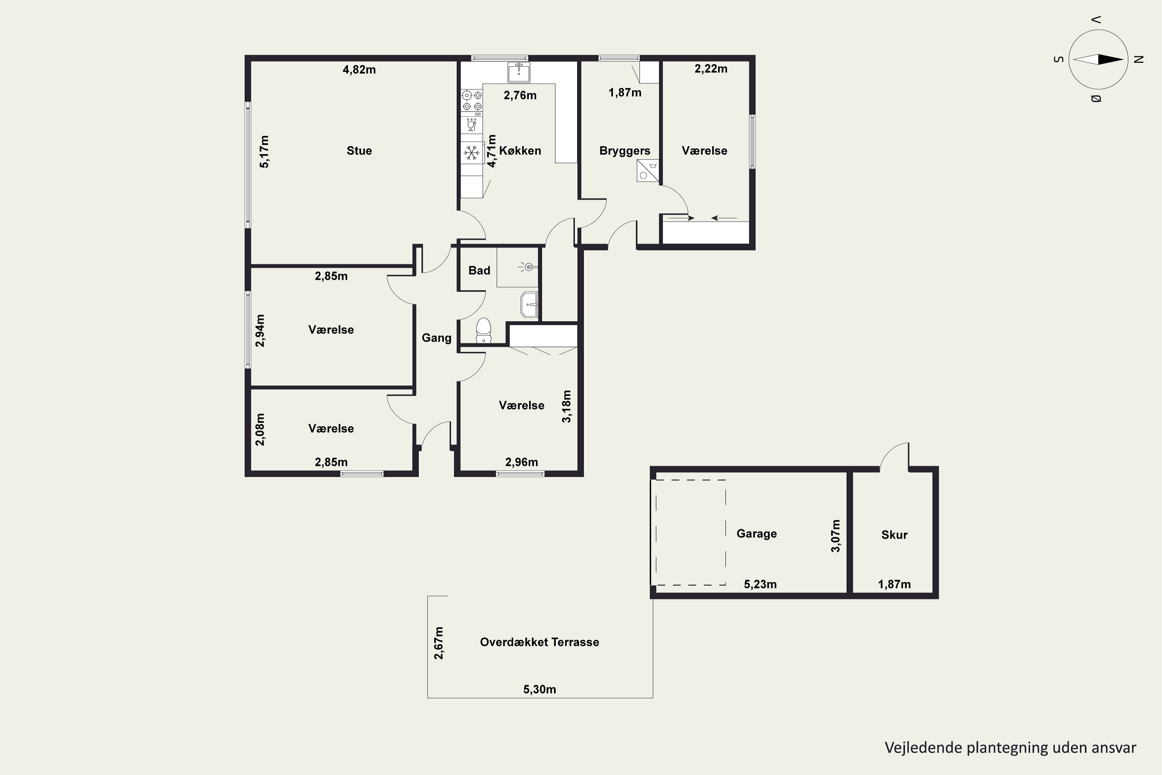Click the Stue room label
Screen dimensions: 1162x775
[x=359, y=151]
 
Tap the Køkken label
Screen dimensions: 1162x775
[x=520, y=151]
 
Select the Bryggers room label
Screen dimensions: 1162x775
[x=625, y=151]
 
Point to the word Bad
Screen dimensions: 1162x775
[x=479, y=270]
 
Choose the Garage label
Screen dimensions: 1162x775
[x=756, y=534]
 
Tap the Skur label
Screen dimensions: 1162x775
[x=894, y=535]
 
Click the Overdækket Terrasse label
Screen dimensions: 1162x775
[x=540, y=642]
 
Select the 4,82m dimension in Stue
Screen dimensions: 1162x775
[x=359, y=70]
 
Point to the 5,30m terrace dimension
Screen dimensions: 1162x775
[x=540, y=689]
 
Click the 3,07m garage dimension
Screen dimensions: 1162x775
[x=835, y=536]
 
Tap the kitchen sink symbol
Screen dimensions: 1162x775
[x=519, y=72]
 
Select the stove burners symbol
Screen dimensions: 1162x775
[x=472, y=100]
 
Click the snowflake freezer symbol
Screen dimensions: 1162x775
[x=472, y=153]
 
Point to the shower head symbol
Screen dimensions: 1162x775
[x=528, y=267]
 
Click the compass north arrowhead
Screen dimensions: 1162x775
[x=1111, y=60]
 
